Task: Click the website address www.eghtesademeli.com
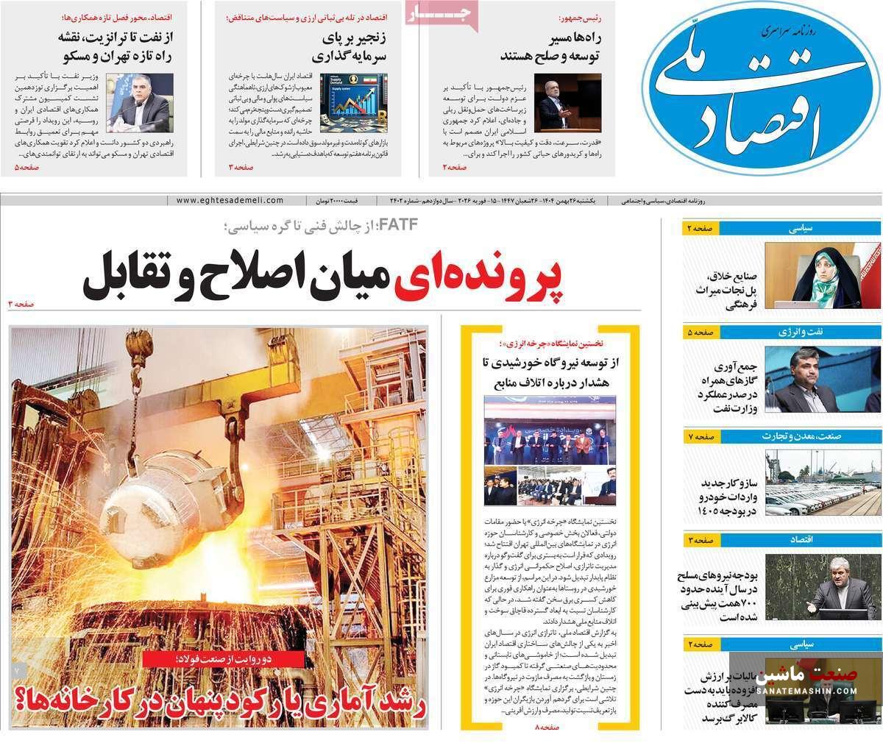tap(230, 200)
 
